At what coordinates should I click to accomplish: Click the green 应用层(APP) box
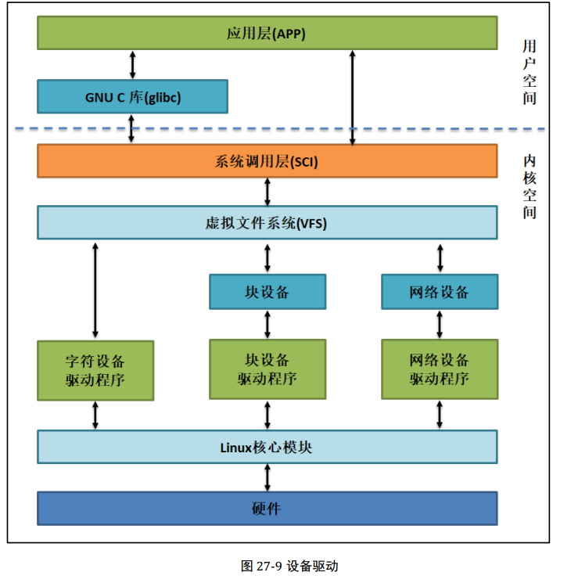(x=267, y=33)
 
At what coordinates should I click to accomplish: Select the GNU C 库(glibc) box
(x=132, y=96)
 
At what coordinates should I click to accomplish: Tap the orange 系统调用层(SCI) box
(x=267, y=161)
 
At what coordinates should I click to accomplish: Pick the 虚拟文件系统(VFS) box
(x=267, y=223)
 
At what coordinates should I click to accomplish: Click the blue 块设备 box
(x=267, y=292)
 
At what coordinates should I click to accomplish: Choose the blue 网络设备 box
(x=439, y=292)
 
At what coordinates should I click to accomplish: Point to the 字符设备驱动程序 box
(x=95, y=371)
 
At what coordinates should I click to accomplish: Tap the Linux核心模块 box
(x=267, y=447)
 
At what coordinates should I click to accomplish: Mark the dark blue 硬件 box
(x=267, y=509)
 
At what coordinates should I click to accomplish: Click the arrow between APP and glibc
(x=132, y=64)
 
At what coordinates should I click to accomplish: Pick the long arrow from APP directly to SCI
(x=353, y=97)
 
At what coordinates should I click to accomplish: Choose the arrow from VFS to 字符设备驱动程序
(x=95, y=290)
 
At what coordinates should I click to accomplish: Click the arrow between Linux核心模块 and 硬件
(x=268, y=477)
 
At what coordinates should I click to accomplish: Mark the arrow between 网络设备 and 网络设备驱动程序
(x=440, y=324)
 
